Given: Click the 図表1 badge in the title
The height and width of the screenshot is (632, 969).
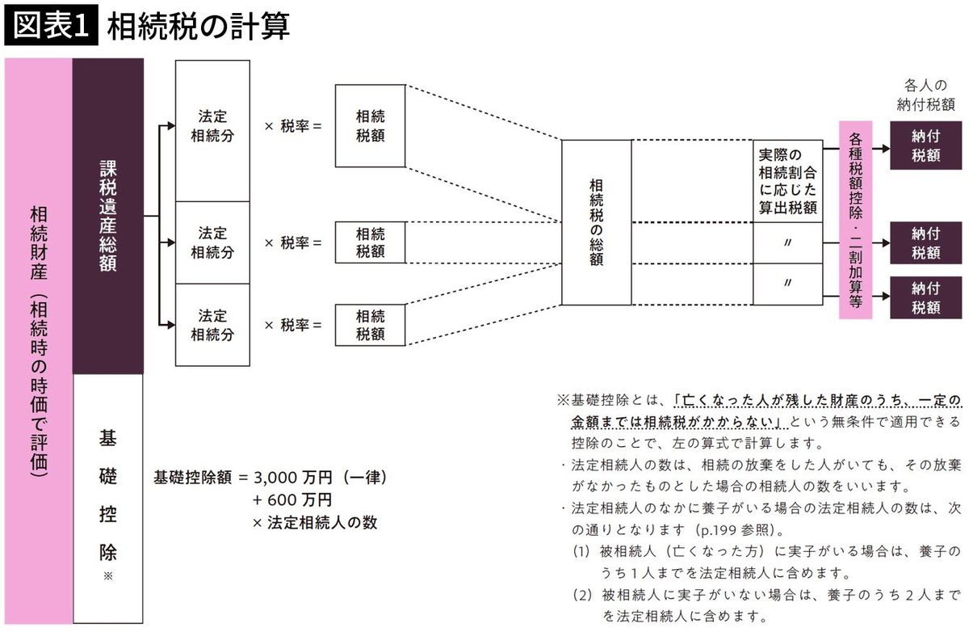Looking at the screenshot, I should pos(50,27).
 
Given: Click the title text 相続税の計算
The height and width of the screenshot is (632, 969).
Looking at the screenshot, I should pos(198,27).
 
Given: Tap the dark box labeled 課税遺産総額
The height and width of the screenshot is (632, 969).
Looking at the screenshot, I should pos(108,216).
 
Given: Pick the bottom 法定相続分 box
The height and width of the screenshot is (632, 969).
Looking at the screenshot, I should pos(212,324).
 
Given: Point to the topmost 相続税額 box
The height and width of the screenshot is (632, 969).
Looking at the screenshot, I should pos(370,127).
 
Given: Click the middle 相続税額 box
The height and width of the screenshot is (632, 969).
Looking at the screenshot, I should pos(370,242).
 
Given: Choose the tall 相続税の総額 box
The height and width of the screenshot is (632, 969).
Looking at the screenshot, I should pos(596,222).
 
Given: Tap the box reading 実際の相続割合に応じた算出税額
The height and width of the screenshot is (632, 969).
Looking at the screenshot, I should pos(787,181).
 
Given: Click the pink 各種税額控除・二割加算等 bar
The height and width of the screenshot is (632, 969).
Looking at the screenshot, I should pos(856,220).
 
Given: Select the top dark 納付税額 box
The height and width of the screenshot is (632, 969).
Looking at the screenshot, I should pos(925,145).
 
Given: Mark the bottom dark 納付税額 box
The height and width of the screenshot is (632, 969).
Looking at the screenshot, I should pos(925,297).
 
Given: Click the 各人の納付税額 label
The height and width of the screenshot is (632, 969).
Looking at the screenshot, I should pos(925,95).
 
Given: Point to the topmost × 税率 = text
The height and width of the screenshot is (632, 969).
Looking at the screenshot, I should pos(293,127).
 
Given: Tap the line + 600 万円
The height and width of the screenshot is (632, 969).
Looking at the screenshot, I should pos(292,500).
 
